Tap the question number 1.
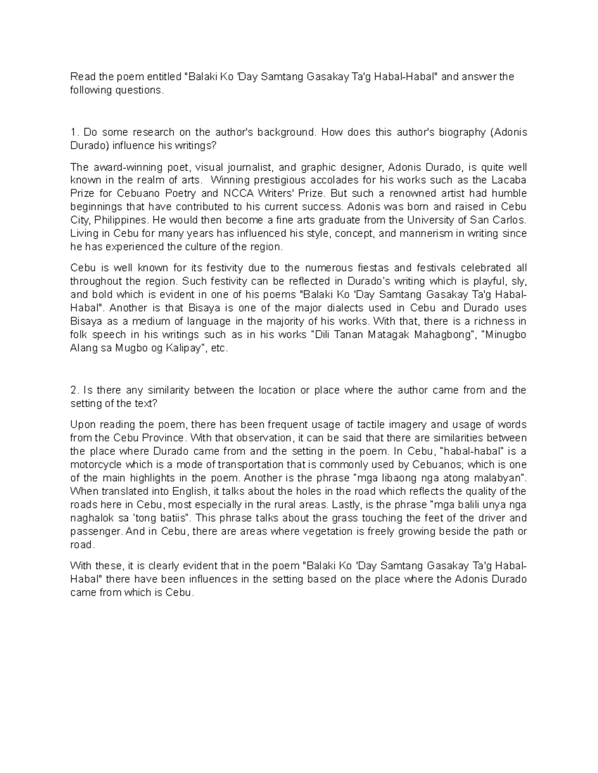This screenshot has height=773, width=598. click(x=74, y=132)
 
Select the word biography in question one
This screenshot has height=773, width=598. click(x=459, y=132)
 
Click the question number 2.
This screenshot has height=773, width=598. click(x=74, y=390)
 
